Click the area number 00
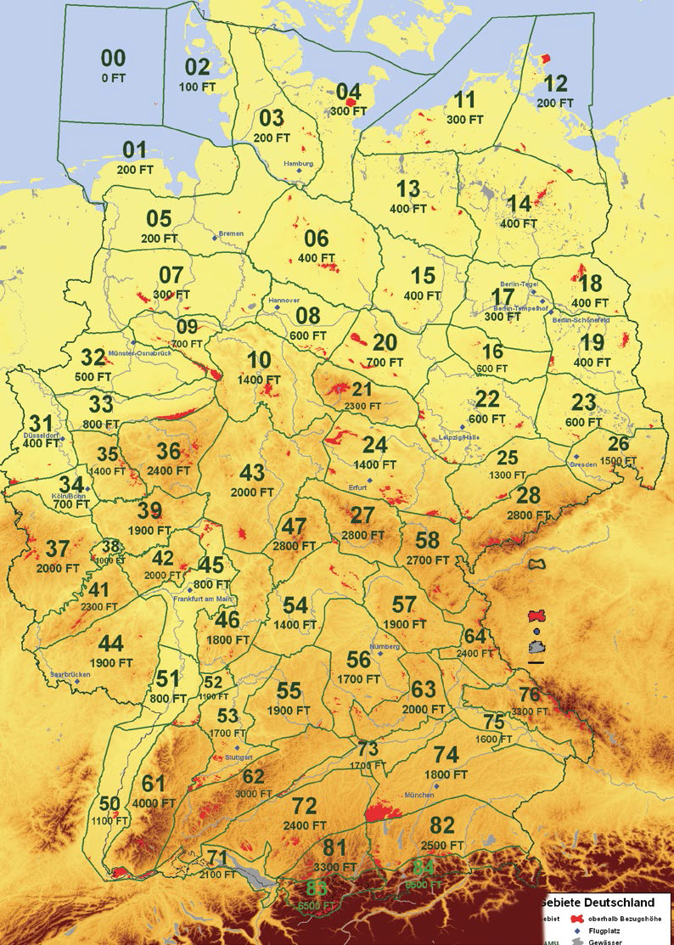(113, 59)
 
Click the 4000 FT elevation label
(155, 802)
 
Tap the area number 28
(528, 496)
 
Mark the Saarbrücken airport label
(70, 674)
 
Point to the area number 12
(556, 84)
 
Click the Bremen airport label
(231, 233)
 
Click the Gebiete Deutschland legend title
(607, 902)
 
